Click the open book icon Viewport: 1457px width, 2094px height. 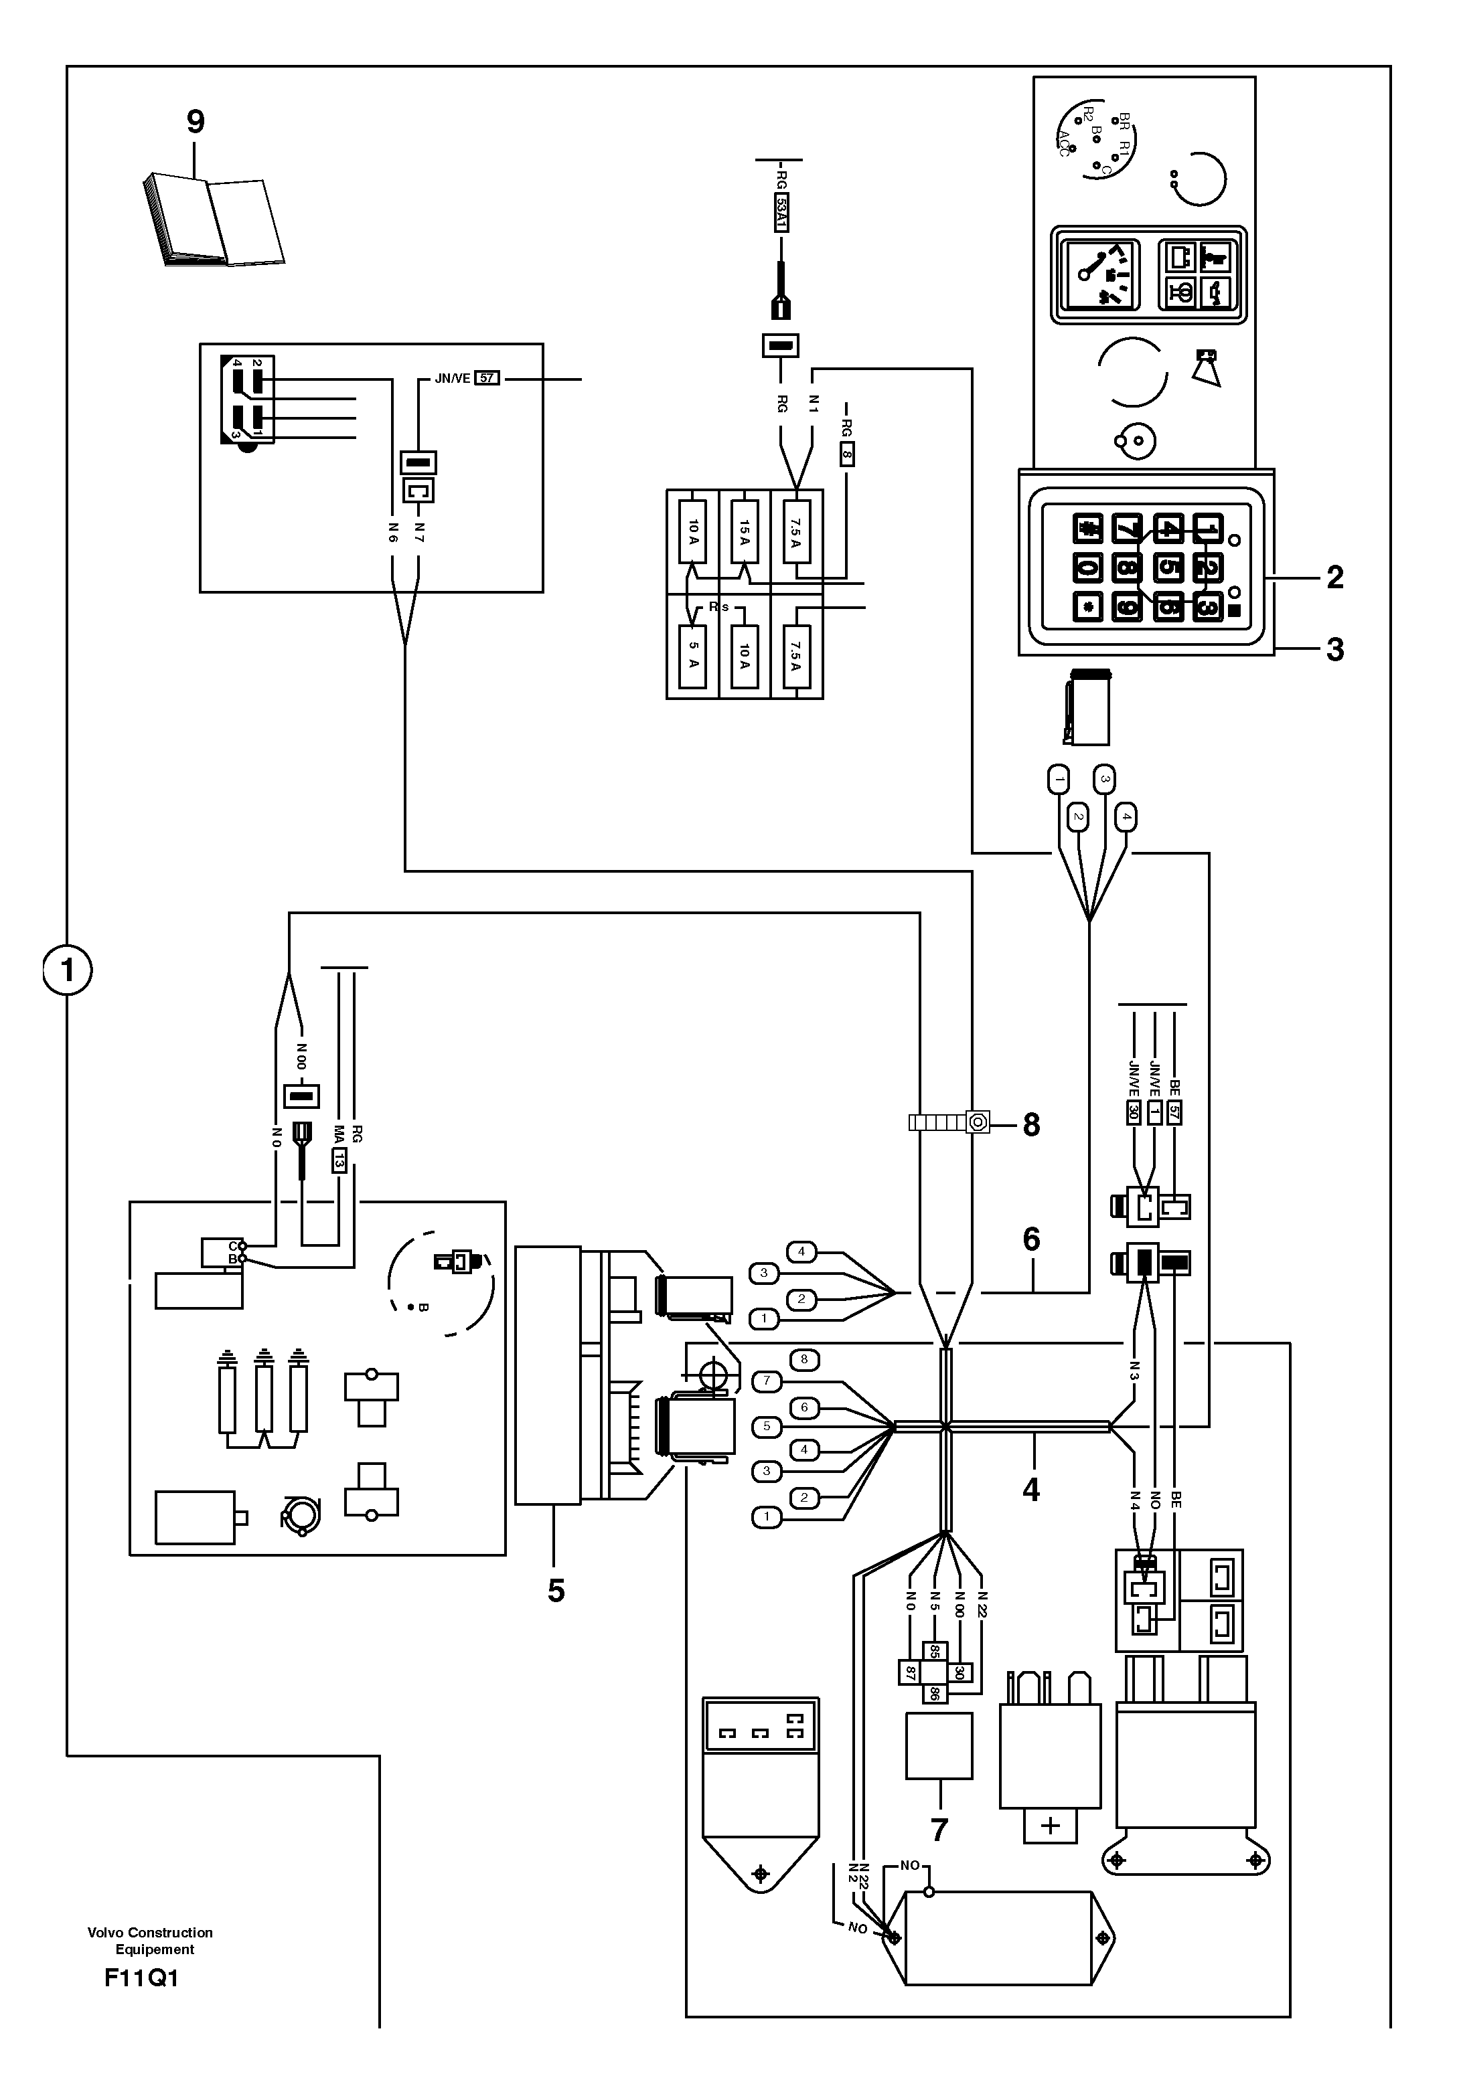coord(214,222)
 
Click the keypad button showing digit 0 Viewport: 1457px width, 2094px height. coord(1087,568)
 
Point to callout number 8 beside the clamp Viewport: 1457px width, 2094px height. coord(1031,1124)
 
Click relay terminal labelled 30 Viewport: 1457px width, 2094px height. coord(960,1672)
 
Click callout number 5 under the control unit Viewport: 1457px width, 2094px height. coord(556,1591)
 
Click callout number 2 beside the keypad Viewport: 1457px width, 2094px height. coord(1334,578)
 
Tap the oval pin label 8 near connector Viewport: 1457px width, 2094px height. coord(803,1360)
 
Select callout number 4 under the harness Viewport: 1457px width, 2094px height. coord(1031,1490)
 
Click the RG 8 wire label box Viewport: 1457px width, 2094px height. coord(846,453)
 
